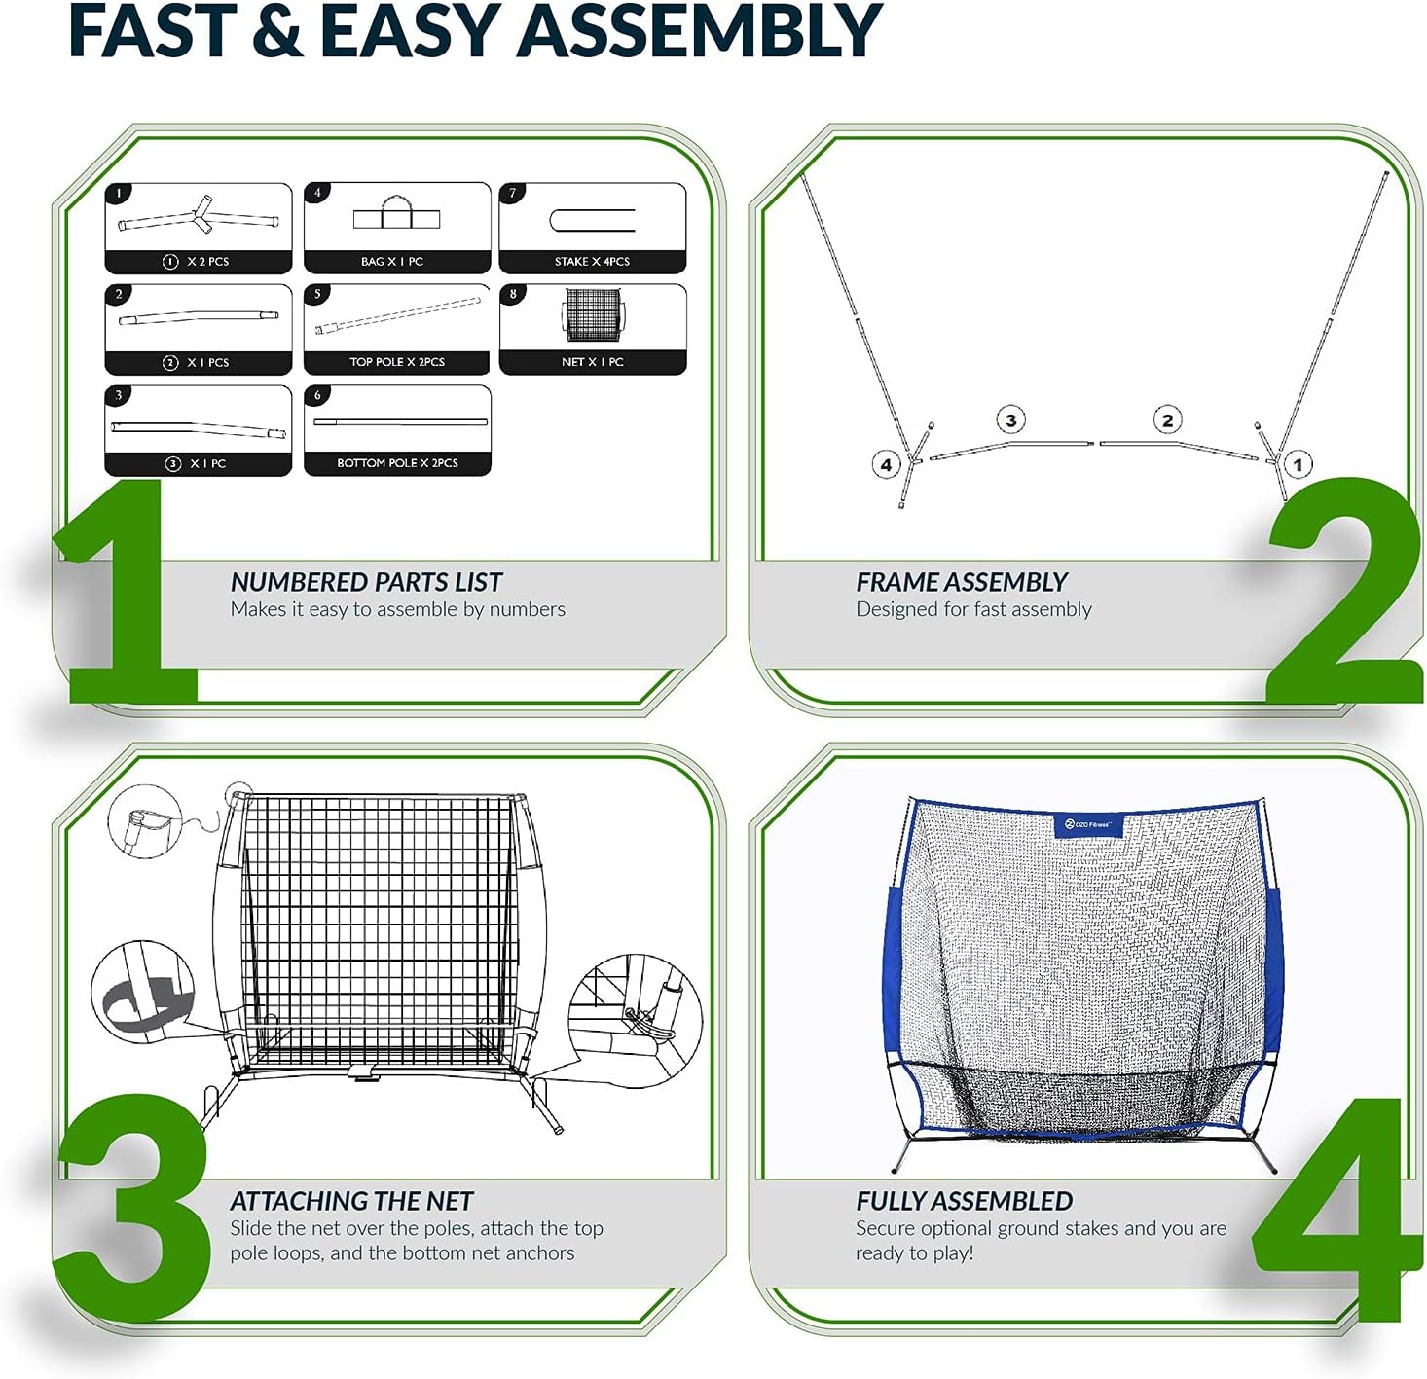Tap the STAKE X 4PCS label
pos(592,262)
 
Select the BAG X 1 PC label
pos(392,262)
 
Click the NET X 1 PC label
pos(592,362)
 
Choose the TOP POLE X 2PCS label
pos(397,362)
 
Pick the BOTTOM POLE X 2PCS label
pos(397,463)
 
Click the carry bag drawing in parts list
pos(396,213)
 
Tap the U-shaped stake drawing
pos(592,220)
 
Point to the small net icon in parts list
pos(593,313)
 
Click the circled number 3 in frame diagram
pos(1011,420)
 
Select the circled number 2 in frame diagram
pos(1167,420)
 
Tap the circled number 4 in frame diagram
pos(885,465)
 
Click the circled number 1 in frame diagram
pos(1297,465)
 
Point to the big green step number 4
pos(1336,1212)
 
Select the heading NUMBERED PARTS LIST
pos(366,582)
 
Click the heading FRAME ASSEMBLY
pos(962,582)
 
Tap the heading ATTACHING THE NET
pos(351,1201)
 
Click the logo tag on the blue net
pos(1087,825)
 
